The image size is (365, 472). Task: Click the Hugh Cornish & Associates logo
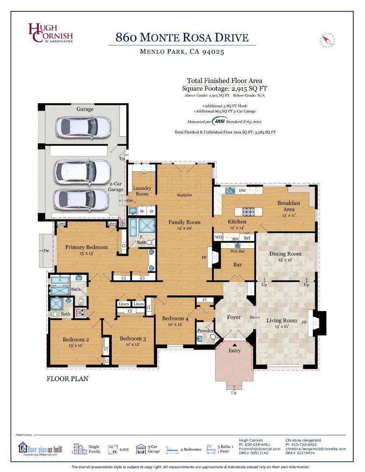point(50,33)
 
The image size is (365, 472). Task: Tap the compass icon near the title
point(327,40)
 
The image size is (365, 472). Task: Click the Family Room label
point(184,222)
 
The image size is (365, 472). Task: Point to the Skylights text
point(184,195)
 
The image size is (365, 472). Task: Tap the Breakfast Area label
point(289,206)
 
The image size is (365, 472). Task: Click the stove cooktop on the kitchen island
point(248,212)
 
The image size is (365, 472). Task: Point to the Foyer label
point(234,317)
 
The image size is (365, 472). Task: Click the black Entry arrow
point(234,345)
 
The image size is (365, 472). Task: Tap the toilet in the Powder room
point(212,337)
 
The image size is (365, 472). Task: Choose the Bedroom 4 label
point(175,319)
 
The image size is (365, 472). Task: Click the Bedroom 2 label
point(76,340)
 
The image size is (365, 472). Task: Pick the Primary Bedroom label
point(86,247)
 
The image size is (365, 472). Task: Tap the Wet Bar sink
point(237,246)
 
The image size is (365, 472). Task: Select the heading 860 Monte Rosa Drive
point(182,37)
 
